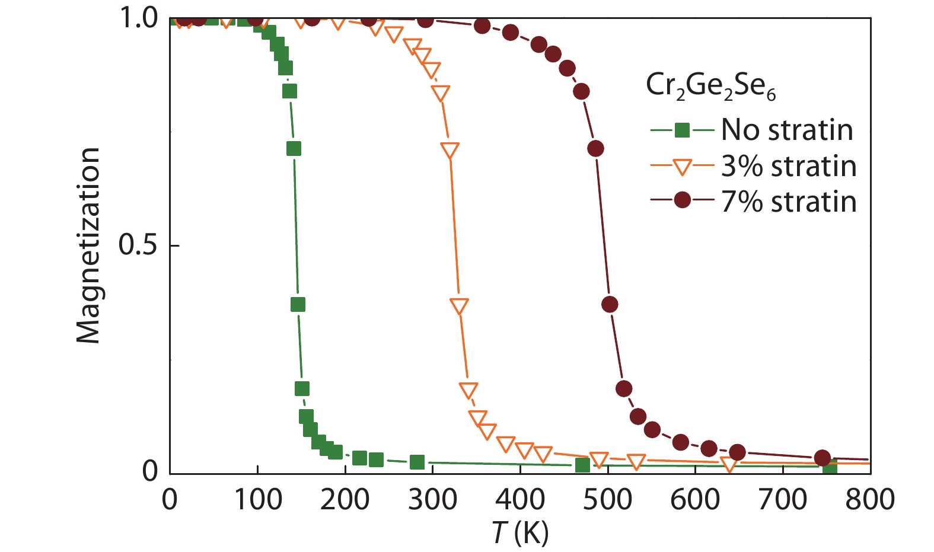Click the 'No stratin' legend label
(x=787, y=130)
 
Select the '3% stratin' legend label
(x=789, y=167)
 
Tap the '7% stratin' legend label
(x=789, y=202)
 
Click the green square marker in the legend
(x=683, y=130)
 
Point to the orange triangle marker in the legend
(x=683, y=167)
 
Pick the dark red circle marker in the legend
(x=683, y=200)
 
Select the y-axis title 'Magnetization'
(x=88, y=245)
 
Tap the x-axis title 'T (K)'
(x=520, y=533)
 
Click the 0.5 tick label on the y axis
(x=138, y=245)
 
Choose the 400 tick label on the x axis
(x=520, y=500)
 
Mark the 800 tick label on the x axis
(x=870, y=500)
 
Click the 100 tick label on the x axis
(x=257, y=500)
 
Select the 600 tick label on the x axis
(x=695, y=500)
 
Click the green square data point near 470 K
(x=582, y=465)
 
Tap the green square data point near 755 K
(x=830, y=468)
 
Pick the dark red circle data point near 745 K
(x=822, y=458)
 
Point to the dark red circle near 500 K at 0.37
(x=610, y=305)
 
